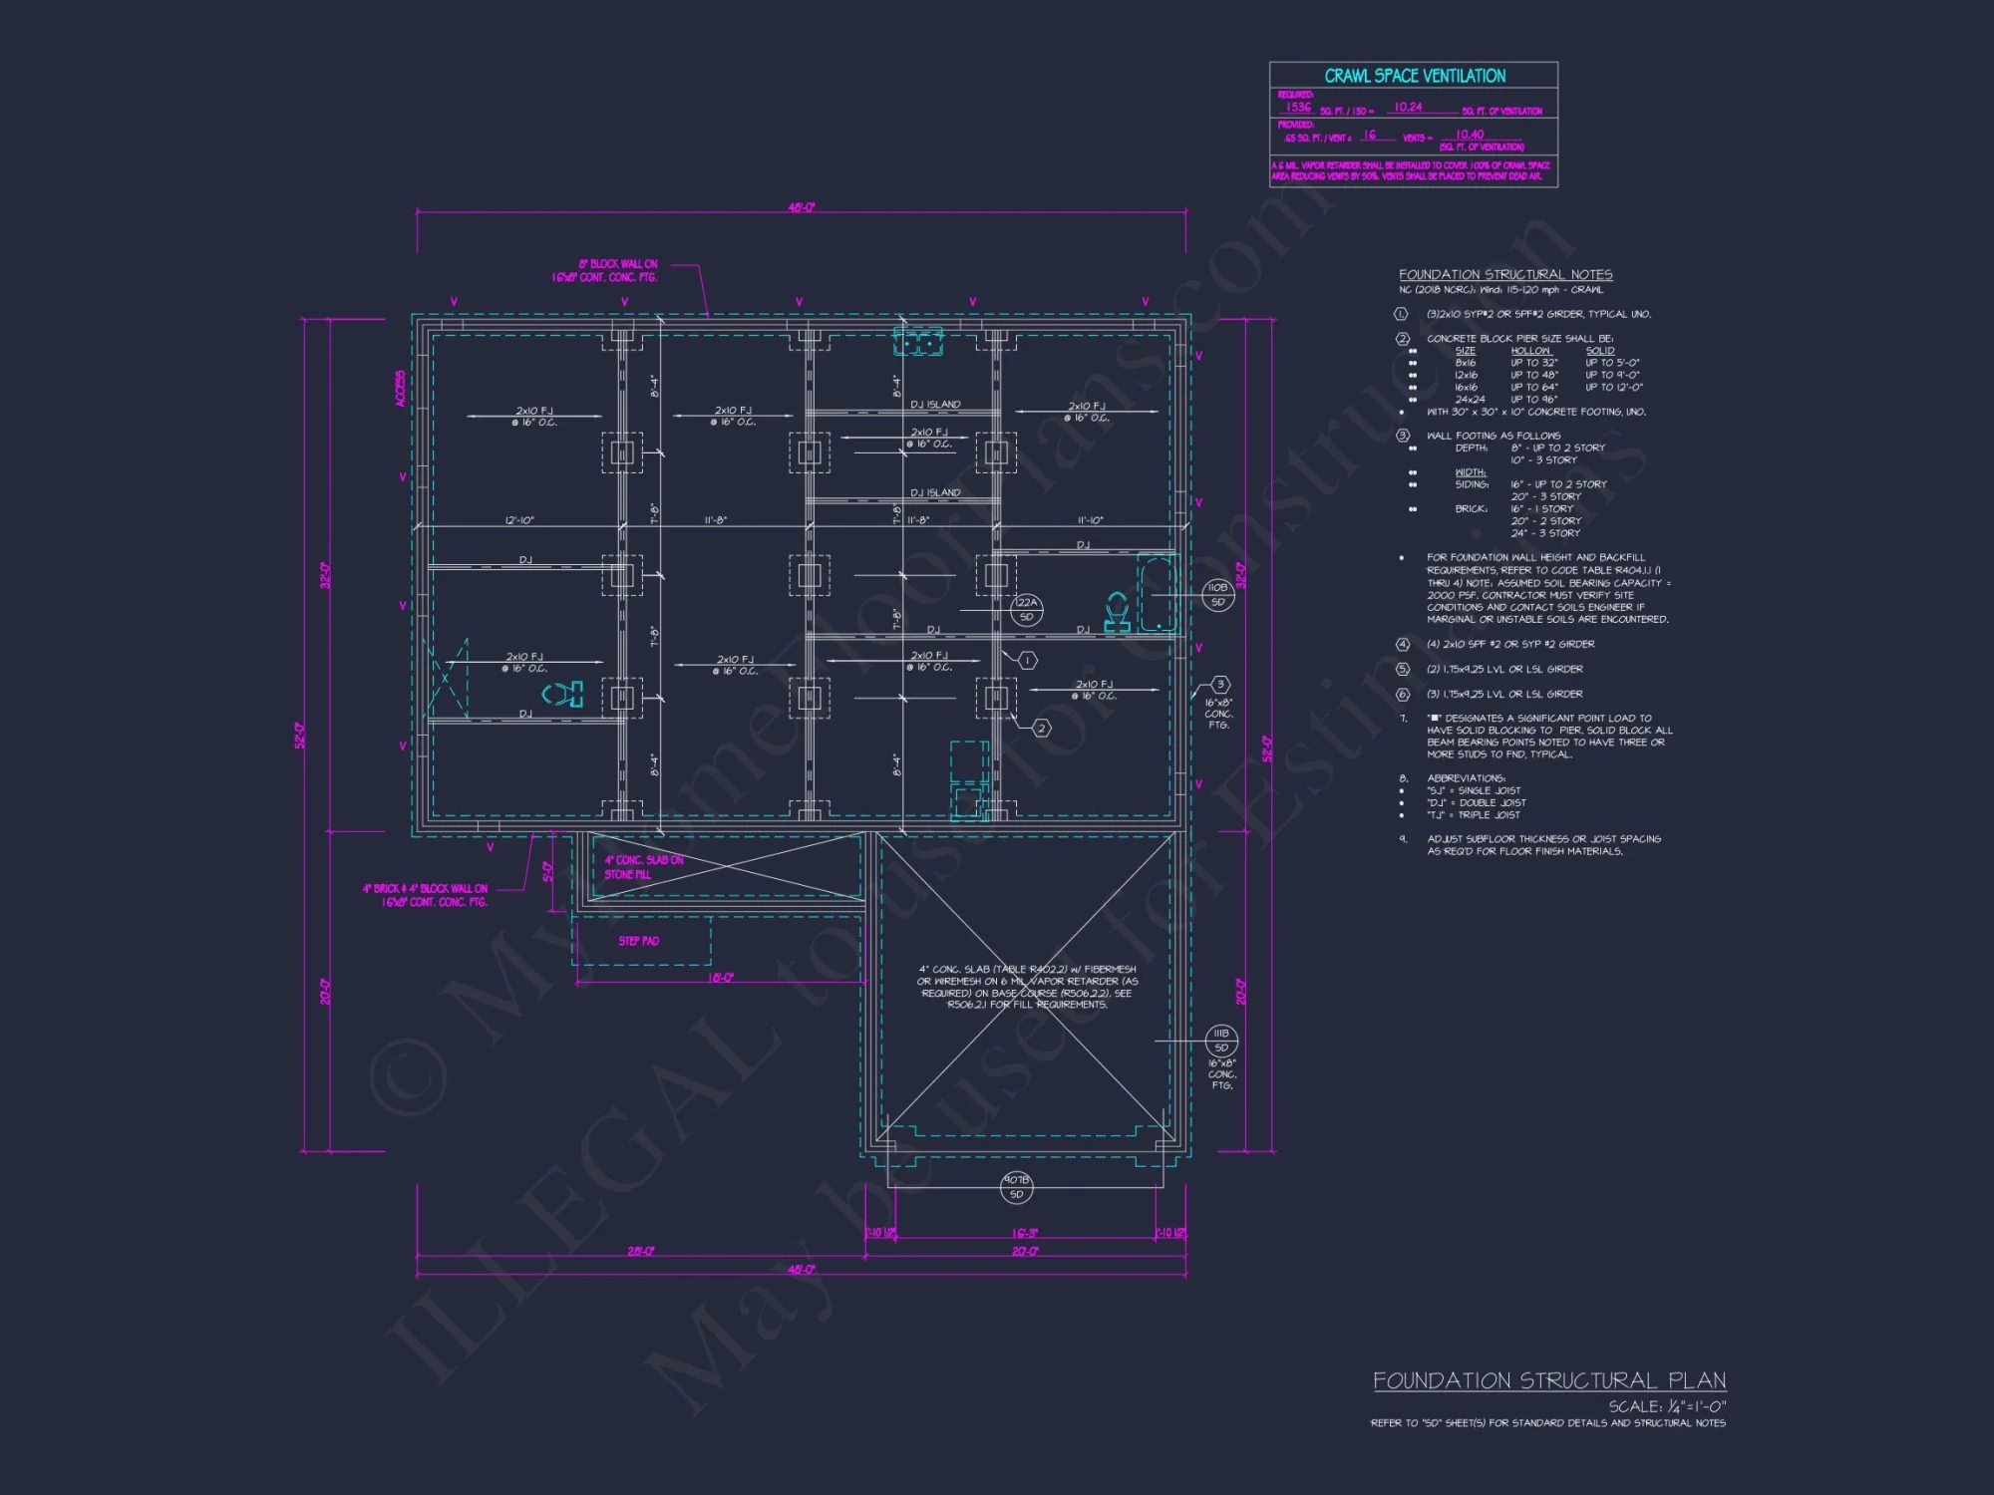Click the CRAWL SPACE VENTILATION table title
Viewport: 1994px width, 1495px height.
point(1414,76)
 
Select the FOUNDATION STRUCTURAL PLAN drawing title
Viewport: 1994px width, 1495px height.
point(1549,1380)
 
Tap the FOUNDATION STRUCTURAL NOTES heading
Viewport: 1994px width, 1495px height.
point(1505,274)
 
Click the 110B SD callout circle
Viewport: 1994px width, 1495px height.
point(1217,595)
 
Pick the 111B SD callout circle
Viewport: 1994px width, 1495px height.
point(1221,1041)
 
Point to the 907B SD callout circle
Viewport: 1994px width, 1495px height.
point(1016,1187)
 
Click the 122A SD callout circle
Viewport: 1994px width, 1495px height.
point(1026,609)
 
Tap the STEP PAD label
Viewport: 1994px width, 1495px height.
point(638,941)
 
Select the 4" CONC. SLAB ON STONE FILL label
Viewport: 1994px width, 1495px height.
point(643,867)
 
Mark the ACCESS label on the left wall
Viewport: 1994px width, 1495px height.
point(401,389)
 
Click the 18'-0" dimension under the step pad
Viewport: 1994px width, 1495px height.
point(720,978)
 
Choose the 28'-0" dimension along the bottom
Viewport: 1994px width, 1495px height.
point(641,1252)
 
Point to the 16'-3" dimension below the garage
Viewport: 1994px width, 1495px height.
point(1025,1234)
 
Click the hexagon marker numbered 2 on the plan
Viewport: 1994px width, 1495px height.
point(1041,729)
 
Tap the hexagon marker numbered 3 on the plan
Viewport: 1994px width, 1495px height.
point(1220,685)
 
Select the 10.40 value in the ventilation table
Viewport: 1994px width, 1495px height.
point(1470,135)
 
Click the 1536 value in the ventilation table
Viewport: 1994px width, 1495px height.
point(1298,107)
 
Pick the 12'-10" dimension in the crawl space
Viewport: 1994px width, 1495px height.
point(519,520)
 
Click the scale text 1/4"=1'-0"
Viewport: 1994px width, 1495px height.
point(1667,1406)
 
